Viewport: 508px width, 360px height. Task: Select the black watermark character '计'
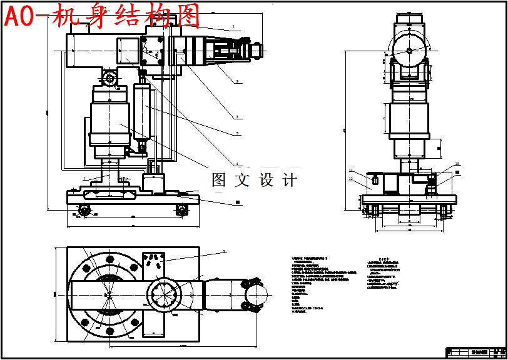[x=290, y=180]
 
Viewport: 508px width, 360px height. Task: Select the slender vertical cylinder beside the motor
[x=143, y=112]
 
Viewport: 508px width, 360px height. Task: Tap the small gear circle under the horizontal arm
[x=110, y=78]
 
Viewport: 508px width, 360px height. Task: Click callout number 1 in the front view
[x=233, y=27]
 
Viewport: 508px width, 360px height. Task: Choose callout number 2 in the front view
[x=238, y=81]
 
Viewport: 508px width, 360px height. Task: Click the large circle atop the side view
[x=409, y=50]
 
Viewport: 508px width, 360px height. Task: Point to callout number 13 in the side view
[x=457, y=164]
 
